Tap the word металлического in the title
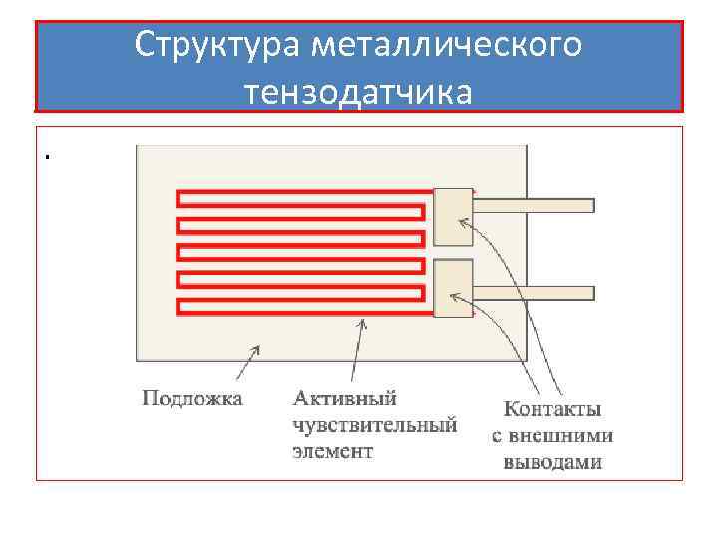pyautogui.click(x=446, y=45)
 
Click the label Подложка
pyautogui.click(x=192, y=400)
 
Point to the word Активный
pyautogui.click(x=344, y=399)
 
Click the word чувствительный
pyautogui.click(x=374, y=425)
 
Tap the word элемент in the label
pyautogui.click(x=332, y=451)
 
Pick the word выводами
pyautogui.click(x=552, y=462)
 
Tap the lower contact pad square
pyautogui.click(x=453, y=288)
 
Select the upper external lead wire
pyautogui.click(x=534, y=205)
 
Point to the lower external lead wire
pyautogui.click(x=534, y=294)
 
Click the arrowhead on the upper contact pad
pyautogui.click(x=462, y=220)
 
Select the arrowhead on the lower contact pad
pyautogui.click(x=455, y=295)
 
